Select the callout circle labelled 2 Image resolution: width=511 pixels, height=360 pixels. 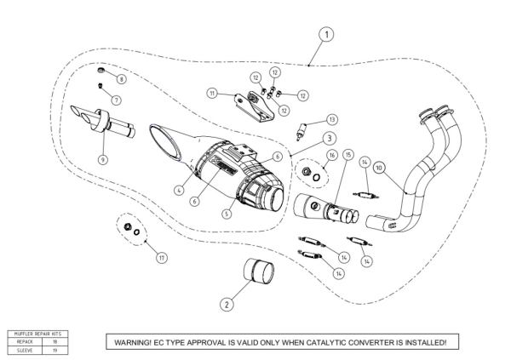pos(227,302)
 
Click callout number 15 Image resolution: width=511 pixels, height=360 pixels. pos(347,155)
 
